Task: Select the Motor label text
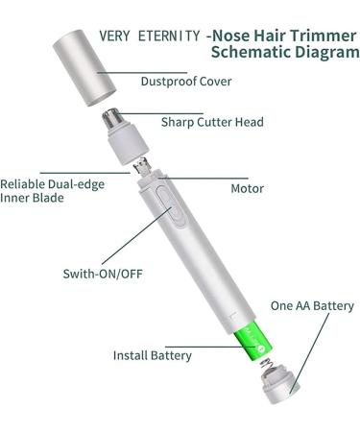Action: click(247, 188)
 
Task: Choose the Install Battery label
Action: click(153, 355)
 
